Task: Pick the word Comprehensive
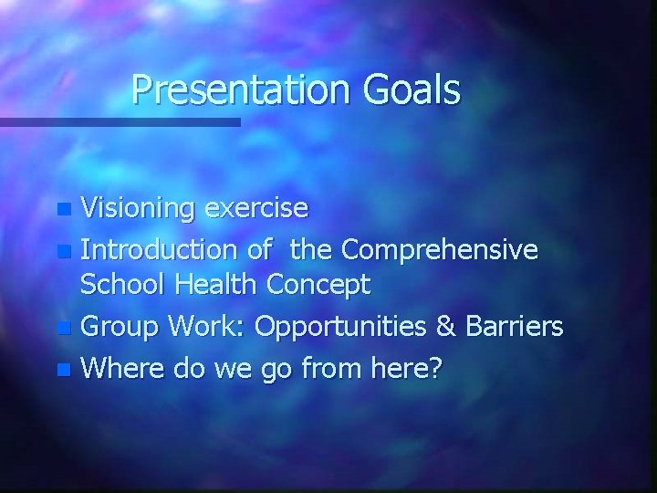440,248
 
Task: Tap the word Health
216,285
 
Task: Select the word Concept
318,285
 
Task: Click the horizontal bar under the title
119,121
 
